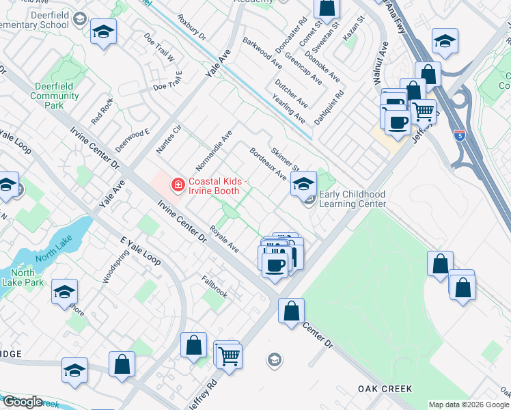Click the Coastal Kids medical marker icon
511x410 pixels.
(178, 184)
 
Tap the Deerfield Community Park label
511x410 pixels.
(55, 96)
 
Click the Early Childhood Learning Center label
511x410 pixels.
(353, 199)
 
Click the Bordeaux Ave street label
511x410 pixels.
(268, 164)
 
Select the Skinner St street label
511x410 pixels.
(286, 160)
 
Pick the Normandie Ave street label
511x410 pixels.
(215, 150)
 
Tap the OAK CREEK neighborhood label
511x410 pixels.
(385, 388)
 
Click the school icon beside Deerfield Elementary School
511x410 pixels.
(103, 31)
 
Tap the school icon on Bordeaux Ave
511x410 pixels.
(303, 182)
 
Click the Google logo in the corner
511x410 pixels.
(23, 402)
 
